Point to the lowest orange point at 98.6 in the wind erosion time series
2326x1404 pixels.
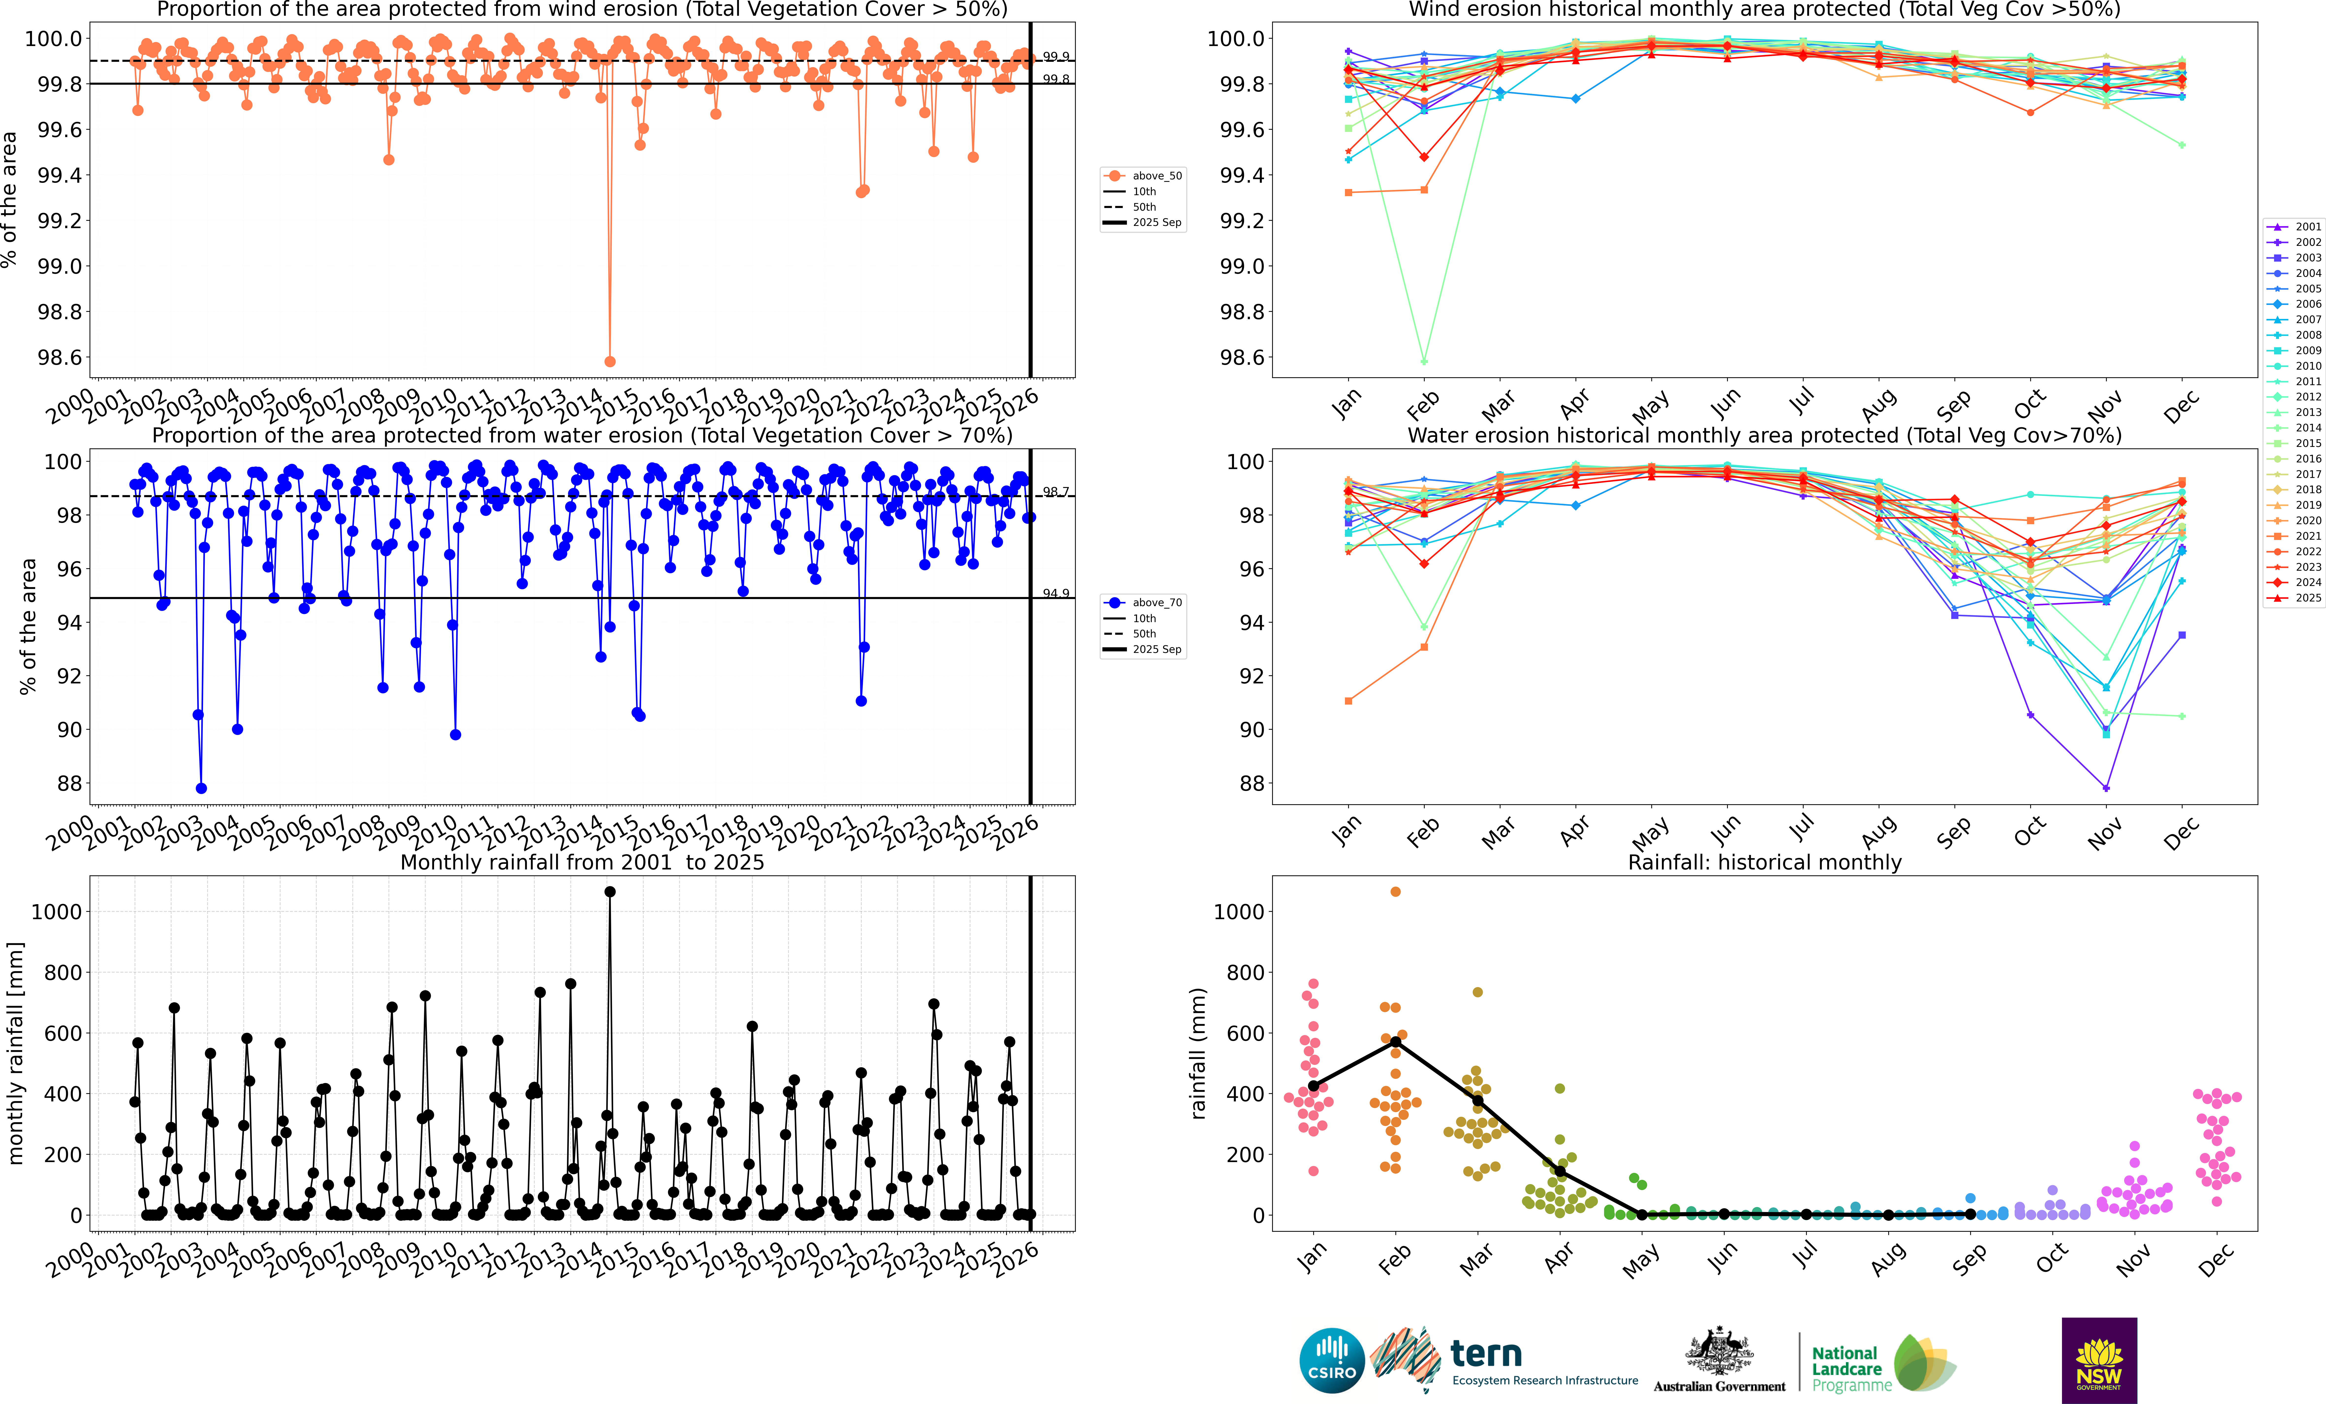(x=610, y=362)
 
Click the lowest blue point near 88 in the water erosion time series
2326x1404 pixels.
(x=201, y=789)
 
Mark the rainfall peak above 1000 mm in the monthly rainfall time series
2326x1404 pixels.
(x=610, y=891)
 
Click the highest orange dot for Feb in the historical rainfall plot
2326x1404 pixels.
(x=1395, y=891)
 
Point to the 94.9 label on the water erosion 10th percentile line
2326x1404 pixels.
(x=1055, y=593)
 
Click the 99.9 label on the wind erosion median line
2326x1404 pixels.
(x=1055, y=57)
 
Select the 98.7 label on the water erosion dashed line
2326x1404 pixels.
(x=1055, y=492)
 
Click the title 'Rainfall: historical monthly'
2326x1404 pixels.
(x=1764, y=862)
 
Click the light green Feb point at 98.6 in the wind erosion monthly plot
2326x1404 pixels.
(x=1423, y=362)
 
